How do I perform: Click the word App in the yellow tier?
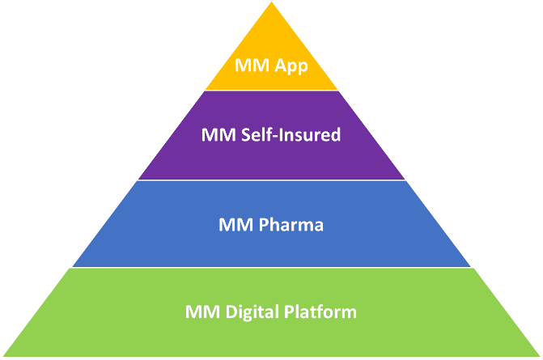point(291,66)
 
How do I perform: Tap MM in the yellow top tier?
point(252,65)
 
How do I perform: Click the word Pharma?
point(291,224)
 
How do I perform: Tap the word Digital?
point(252,312)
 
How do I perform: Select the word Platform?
point(320,311)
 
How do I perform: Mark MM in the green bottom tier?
point(202,311)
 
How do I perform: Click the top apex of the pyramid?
point(272,2)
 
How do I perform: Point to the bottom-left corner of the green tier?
point(3,355)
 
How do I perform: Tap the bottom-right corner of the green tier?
point(540,355)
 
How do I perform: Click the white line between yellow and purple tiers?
point(272,91)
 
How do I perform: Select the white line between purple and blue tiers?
point(272,180)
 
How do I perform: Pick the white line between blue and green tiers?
point(272,267)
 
